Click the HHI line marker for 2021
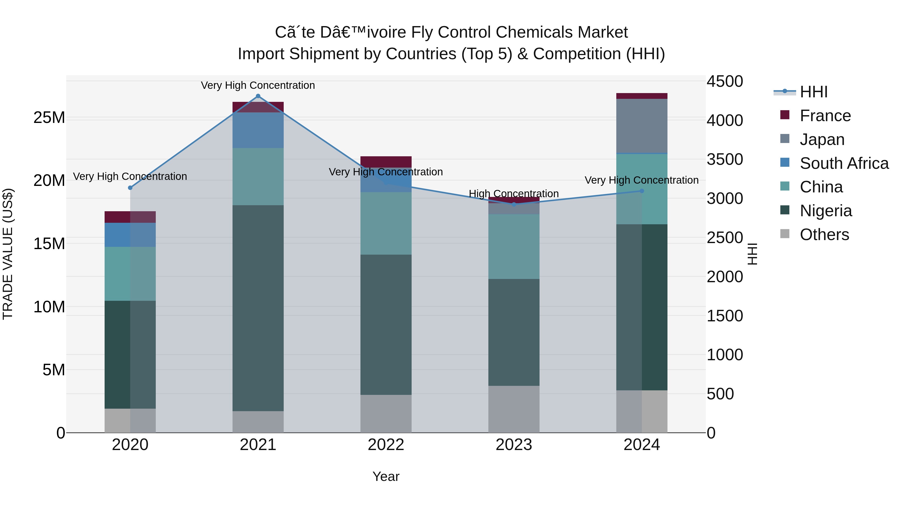258,96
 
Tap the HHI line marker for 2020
130,188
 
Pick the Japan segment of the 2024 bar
642,126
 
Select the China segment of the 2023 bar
514,246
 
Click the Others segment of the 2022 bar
386,414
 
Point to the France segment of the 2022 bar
386,162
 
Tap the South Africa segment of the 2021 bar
258,130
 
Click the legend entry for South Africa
844,163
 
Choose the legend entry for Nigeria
825,211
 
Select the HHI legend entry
813,92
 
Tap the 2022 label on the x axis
386,445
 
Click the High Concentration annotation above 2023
514,193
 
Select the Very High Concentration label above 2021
258,85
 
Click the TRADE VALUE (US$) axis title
8,254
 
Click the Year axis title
386,476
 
